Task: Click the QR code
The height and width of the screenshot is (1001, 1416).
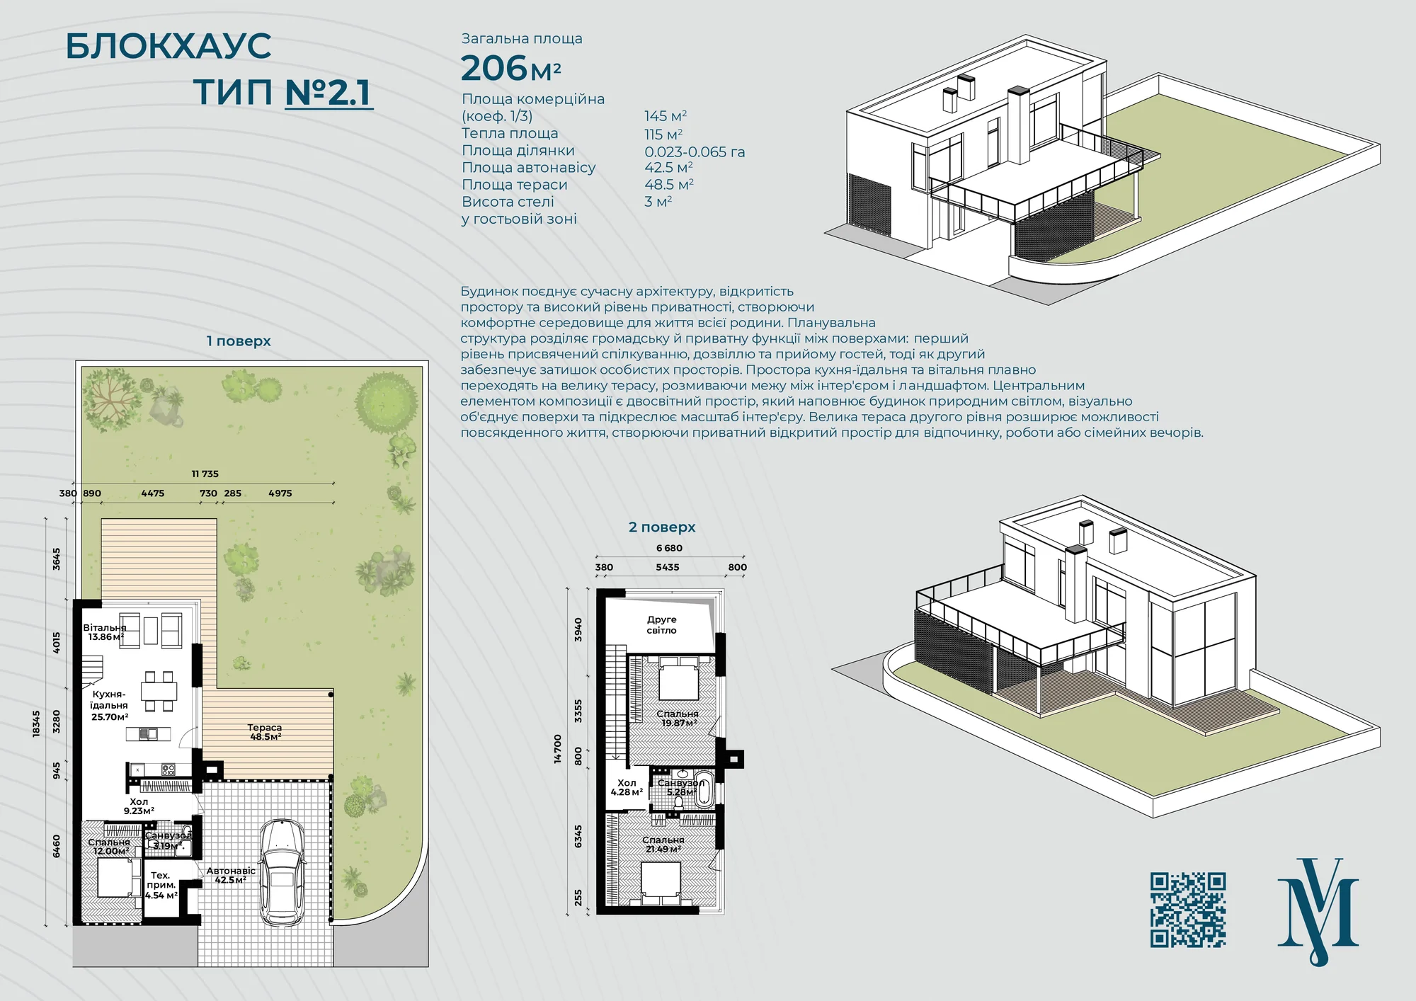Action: (1188, 910)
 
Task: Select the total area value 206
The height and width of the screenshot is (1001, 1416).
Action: (494, 69)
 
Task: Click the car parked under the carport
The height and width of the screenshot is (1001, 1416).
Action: (282, 872)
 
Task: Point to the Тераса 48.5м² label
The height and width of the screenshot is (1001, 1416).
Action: (265, 732)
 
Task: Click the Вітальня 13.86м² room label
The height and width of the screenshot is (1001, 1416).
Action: (105, 632)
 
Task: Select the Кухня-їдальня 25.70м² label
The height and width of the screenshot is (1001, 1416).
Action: (110, 705)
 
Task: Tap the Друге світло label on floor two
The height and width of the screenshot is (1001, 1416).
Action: (661, 625)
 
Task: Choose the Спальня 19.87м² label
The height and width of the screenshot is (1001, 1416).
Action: (678, 719)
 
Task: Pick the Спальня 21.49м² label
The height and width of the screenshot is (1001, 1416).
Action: (663, 845)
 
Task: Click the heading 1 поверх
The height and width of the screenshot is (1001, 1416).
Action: (239, 341)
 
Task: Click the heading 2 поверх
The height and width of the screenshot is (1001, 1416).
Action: (662, 527)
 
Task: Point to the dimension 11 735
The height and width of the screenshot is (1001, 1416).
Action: (205, 474)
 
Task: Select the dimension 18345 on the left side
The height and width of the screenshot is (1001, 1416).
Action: (37, 723)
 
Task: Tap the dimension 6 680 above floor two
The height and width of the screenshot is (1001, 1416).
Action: (669, 548)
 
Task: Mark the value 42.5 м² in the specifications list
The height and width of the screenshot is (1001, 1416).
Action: (668, 168)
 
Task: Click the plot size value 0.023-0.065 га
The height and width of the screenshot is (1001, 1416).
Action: (695, 151)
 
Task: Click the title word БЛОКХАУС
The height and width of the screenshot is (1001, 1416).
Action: (169, 47)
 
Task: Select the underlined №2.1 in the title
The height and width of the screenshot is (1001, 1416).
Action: (329, 93)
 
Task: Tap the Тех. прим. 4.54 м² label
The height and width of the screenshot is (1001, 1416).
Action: (161, 886)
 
